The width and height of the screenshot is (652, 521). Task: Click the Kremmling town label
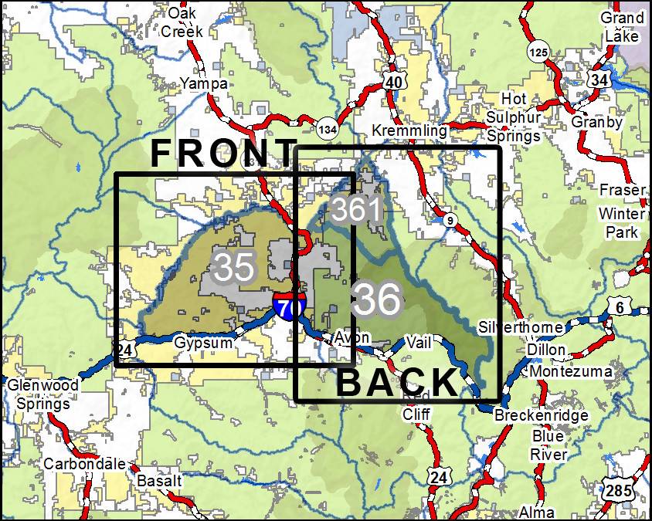(409, 130)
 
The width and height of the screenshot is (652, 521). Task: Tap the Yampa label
(204, 83)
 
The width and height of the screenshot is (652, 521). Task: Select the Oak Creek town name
(182, 23)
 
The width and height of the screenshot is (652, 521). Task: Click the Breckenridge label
(541, 415)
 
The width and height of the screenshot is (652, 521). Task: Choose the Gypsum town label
(202, 342)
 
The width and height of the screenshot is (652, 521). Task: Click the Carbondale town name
(84, 464)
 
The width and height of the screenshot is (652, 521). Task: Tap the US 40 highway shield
(395, 82)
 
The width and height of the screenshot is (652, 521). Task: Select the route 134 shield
(327, 129)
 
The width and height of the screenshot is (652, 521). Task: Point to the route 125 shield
(539, 52)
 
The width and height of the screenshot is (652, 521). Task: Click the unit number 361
(356, 210)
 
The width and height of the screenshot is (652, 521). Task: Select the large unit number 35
(233, 267)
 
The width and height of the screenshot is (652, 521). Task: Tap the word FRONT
(223, 154)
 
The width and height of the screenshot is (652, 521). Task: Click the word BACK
(398, 383)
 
